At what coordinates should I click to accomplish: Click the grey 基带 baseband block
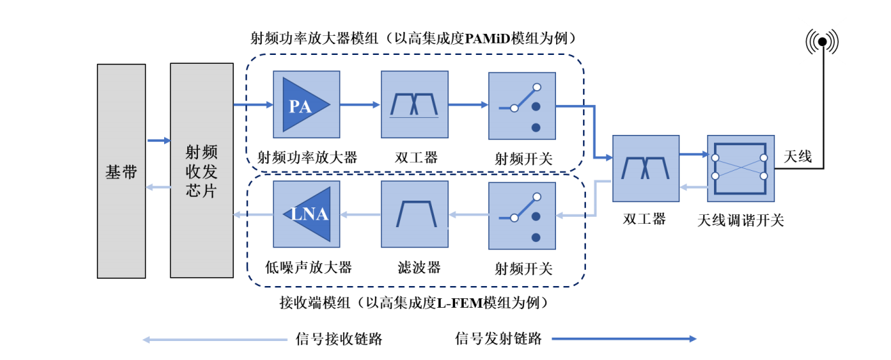click(x=121, y=171)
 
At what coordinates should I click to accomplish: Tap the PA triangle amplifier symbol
click(x=304, y=105)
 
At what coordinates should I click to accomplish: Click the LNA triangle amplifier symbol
click(x=309, y=214)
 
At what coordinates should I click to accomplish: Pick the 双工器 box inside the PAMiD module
click(x=414, y=105)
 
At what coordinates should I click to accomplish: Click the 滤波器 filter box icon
click(x=414, y=214)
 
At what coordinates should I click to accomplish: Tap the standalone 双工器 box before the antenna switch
click(x=646, y=168)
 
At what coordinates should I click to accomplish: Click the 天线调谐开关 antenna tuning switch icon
click(x=740, y=168)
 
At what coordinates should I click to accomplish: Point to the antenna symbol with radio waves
click(x=822, y=42)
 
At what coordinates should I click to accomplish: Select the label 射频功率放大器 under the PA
click(x=307, y=158)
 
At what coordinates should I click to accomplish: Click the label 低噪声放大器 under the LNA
click(x=309, y=267)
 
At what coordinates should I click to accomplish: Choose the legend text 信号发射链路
click(x=498, y=339)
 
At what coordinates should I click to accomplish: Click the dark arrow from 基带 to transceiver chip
click(x=158, y=140)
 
